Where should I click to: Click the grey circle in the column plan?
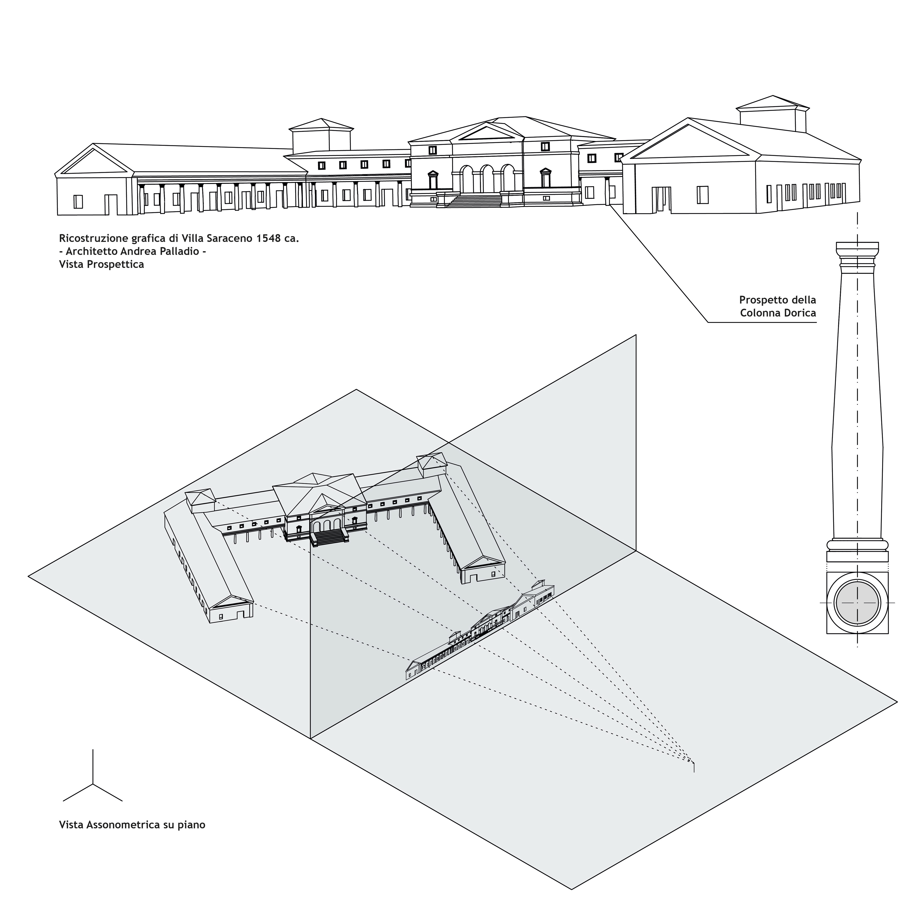coord(857,603)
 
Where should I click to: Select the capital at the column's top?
coord(857,253)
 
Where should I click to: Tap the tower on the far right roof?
coord(772,114)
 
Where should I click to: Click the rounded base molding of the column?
coord(857,545)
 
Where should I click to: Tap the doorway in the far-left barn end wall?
coord(111,204)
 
